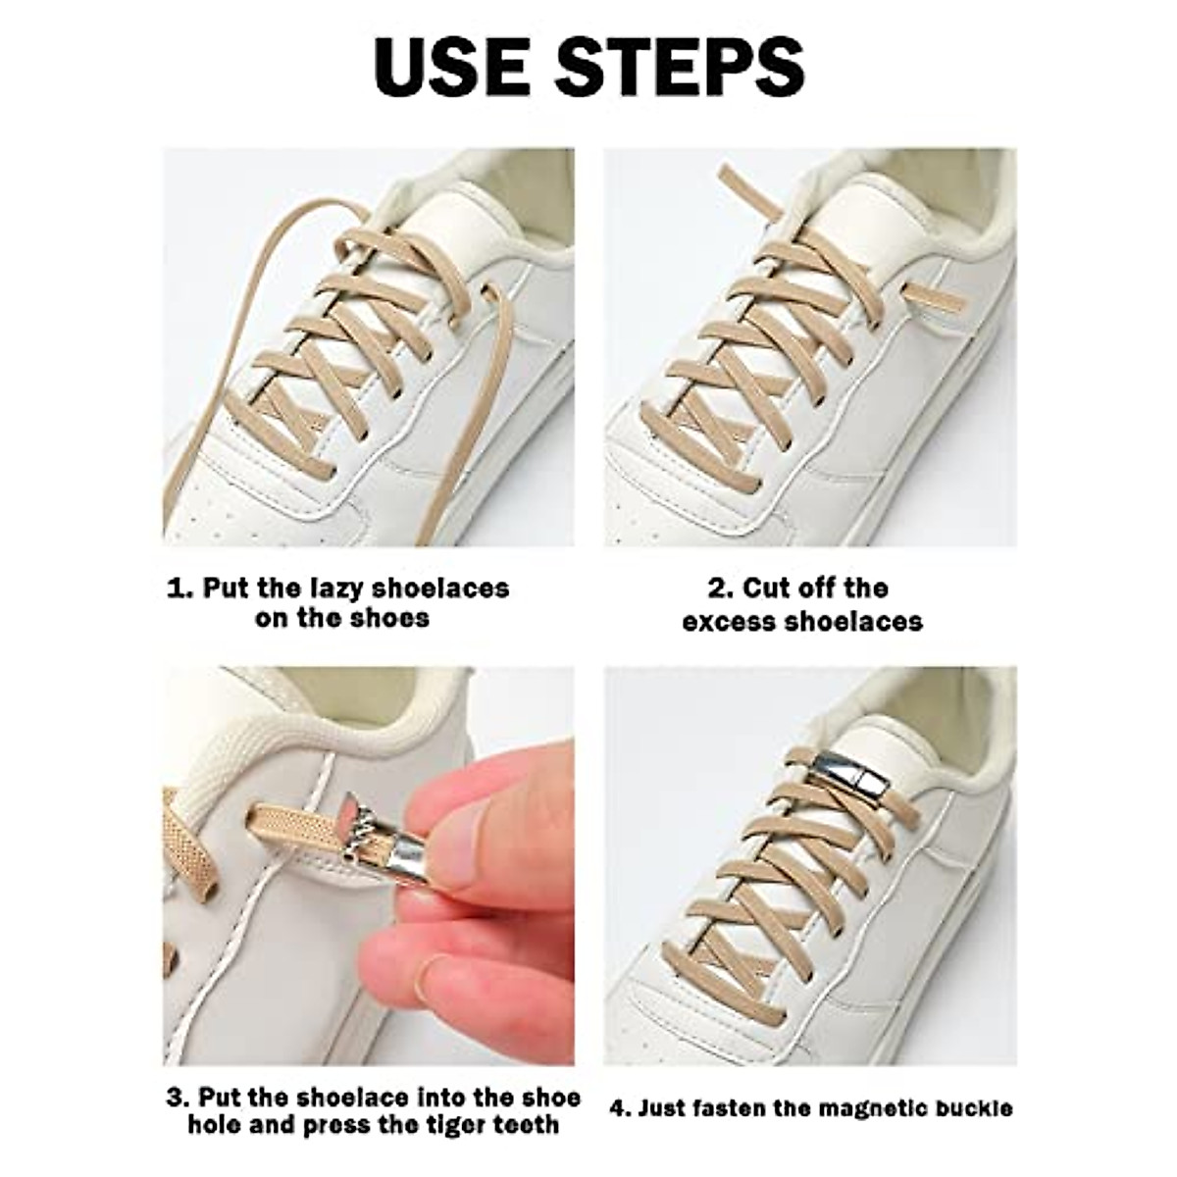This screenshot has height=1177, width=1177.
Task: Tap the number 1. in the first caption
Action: (179, 588)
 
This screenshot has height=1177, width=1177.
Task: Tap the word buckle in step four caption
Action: (971, 1109)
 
